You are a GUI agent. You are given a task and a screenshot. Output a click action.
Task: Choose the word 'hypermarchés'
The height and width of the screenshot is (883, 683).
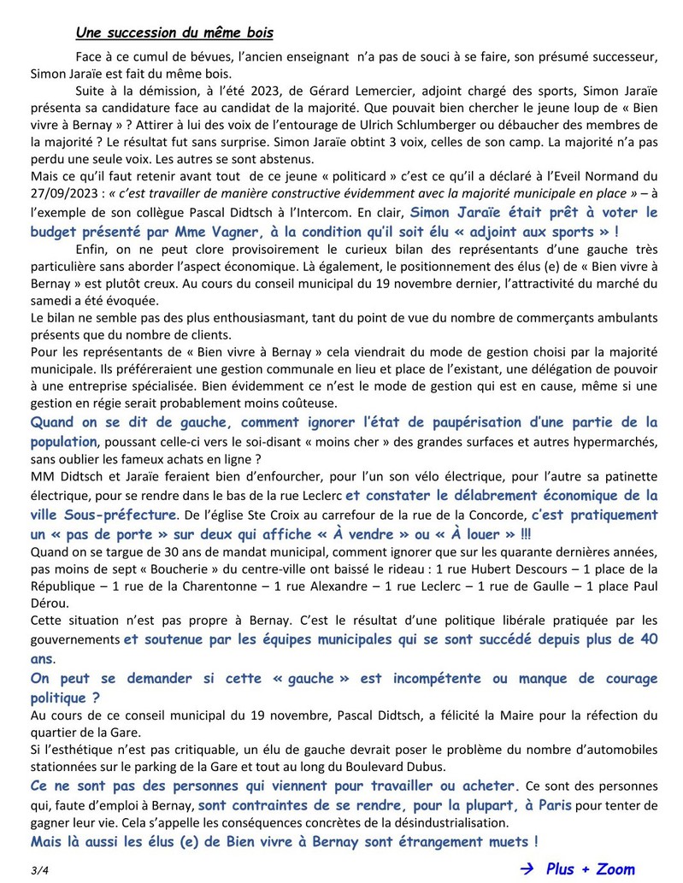coord(612,441)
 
